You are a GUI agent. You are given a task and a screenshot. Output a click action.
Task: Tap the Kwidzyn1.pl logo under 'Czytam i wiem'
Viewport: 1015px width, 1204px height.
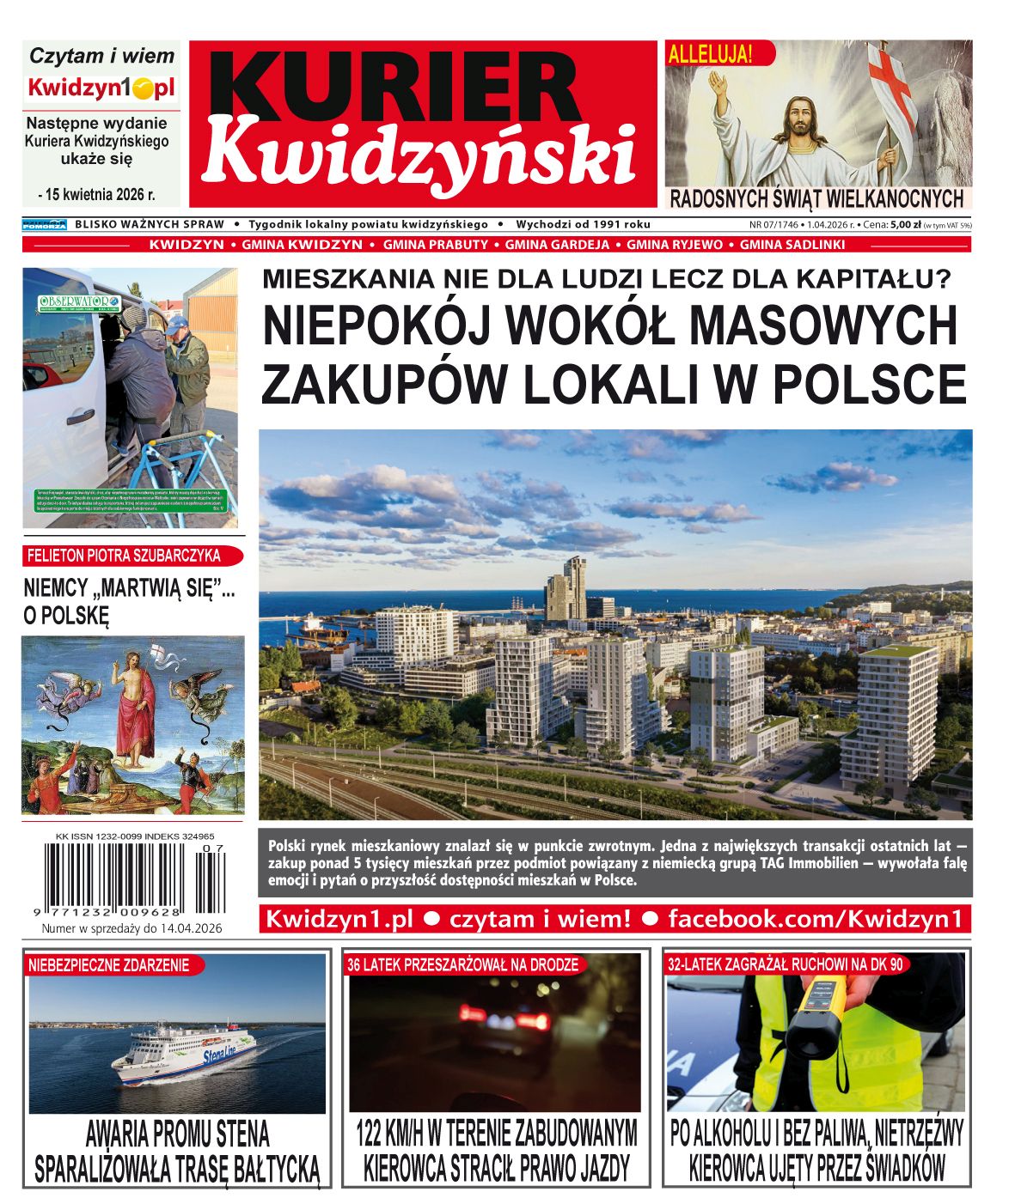101,88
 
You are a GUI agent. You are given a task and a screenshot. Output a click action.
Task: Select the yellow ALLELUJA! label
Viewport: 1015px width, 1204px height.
710,54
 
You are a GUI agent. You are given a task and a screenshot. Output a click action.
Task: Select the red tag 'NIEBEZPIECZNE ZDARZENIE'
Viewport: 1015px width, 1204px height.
109,964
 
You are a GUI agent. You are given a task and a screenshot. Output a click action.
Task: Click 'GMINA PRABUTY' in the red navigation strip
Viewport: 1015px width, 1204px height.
435,245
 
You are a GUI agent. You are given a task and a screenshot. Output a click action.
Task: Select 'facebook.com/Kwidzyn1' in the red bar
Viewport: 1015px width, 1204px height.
814,918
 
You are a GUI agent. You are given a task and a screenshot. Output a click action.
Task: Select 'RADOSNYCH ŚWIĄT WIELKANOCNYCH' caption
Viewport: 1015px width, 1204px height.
816,199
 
